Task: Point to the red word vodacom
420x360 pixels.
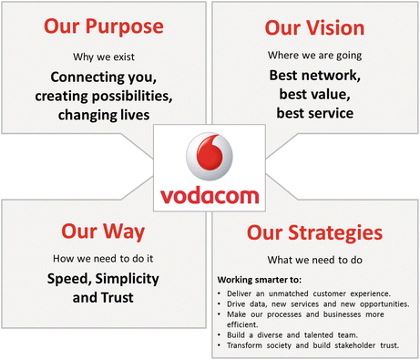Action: (210, 193)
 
